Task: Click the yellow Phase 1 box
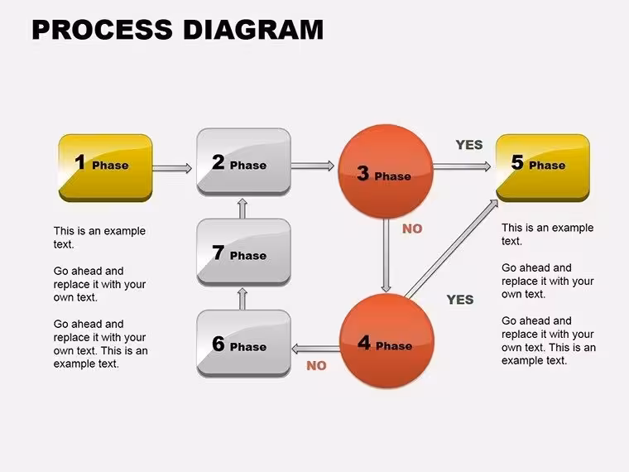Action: (105, 168)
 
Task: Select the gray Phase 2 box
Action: (243, 162)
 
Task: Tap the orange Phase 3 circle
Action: (386, 171)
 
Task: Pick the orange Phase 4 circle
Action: (387, 341)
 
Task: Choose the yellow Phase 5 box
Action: (543, 168)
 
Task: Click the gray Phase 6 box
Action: (243, 344)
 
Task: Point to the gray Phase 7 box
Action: (243, 253)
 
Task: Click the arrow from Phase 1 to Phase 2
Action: (172, 168)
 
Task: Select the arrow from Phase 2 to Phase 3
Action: (313, 166)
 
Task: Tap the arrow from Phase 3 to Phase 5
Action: (462, 166)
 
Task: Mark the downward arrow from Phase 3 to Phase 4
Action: (386, 255)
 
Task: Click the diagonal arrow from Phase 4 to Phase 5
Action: (452, 249)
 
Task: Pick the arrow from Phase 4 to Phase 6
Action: (315, 349)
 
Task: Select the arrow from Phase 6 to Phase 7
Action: (242, 298)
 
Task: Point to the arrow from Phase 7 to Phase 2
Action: (242, 208)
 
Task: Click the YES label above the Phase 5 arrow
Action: (469, 144)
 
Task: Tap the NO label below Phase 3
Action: (412, 229)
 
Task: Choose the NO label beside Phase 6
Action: (316, 366)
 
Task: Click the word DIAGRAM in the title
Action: (253, 30)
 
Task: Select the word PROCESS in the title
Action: (103, 30)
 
